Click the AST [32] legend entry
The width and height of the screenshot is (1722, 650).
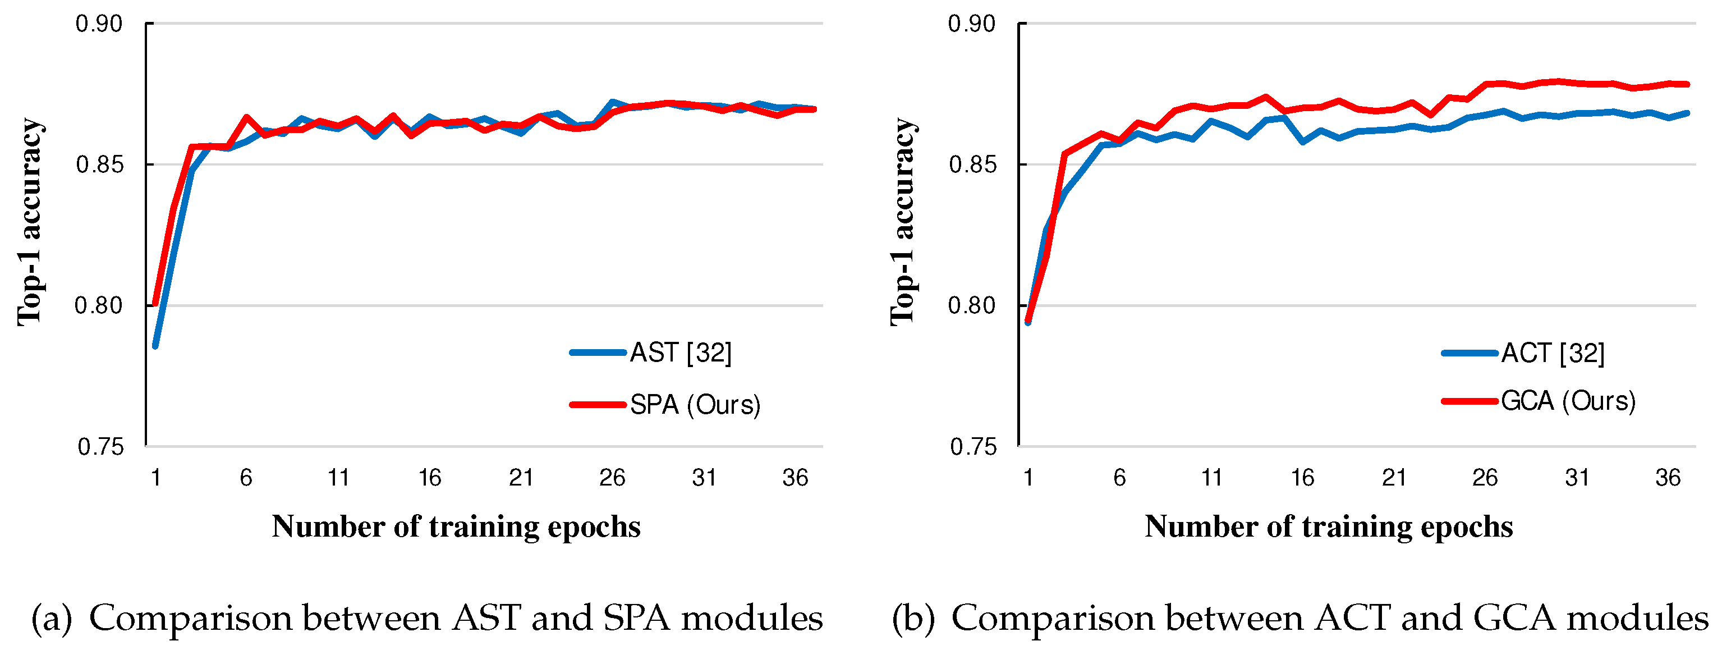(680, 353)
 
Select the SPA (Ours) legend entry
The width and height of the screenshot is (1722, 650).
(695, 405)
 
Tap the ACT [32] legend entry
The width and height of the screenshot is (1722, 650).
(1552, 353)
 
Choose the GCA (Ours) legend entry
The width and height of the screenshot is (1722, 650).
(1568, 401)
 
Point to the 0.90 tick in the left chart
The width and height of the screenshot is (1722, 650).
(99, 24)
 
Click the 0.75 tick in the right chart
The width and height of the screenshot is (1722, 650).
(972, 447)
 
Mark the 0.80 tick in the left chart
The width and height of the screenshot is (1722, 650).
(99, 305)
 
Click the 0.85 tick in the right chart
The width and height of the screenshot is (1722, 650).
(972, 164)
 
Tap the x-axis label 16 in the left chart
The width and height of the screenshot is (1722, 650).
(430, 478)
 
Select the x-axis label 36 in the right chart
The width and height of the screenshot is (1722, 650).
(1668, 478)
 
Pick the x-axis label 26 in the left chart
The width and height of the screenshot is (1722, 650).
(612, 478)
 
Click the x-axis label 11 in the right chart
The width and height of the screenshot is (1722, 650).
(1211, 478)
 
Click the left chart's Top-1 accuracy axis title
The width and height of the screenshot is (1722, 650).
(31, 222)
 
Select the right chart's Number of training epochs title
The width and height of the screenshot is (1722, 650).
(1328, 527)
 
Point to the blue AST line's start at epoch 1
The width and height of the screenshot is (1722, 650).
(155, 346)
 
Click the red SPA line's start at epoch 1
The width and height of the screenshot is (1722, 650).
(155, 304)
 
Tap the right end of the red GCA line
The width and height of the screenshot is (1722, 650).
(1687, 84)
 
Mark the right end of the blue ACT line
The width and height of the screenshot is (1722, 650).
(1687, 113)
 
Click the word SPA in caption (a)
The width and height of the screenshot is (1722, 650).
(636, 617)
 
